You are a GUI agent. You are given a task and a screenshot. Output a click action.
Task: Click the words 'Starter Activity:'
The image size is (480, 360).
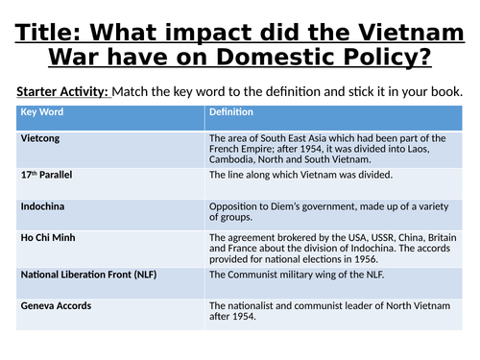click(x=63, y=90)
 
